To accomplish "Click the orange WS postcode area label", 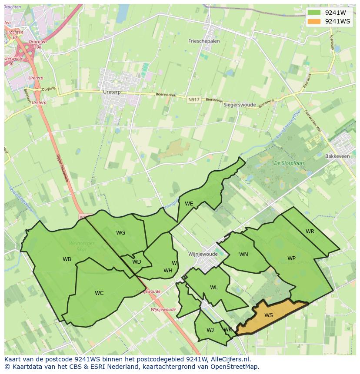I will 268,315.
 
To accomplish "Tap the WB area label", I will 67,259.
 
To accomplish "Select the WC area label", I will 99,293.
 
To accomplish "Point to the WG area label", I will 120,233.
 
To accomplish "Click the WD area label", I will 137,261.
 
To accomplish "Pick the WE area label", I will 189,203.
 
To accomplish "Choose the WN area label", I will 243,254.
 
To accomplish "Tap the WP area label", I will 291,258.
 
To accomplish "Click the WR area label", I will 310,232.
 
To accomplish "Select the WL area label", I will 214,287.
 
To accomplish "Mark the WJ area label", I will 210,330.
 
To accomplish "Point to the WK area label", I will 227,330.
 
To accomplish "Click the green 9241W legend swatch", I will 313,13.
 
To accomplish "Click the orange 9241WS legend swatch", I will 313,21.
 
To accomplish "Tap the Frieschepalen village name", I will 204,41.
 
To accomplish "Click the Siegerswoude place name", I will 240,105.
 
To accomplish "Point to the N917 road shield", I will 194,99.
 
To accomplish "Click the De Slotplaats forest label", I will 289,163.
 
